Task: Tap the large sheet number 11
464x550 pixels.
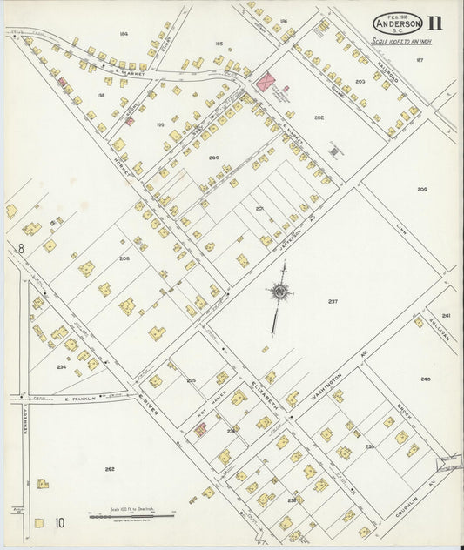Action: click(443, 22)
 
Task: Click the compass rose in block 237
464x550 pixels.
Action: click(280, 293)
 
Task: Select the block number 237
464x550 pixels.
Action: click(333, 301)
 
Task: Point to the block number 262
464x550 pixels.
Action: click(109, 469)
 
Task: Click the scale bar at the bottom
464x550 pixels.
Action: click(131, 515)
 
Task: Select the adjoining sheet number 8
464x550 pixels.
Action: click(19, 248)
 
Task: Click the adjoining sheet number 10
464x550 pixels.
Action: click(59, 523)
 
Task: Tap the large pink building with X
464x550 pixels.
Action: click(266, 81)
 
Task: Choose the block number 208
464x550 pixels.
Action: click(124, 258)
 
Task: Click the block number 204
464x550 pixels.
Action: click(422, 189)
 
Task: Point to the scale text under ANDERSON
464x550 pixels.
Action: click(403, 41)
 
